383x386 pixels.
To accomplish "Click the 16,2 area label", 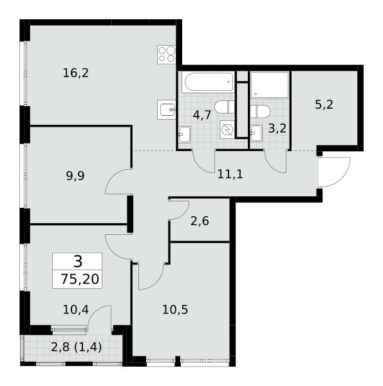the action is tap(75, 73).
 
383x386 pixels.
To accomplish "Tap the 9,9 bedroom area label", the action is tap(75, 176).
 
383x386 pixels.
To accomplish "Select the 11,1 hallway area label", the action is tap(230, 174).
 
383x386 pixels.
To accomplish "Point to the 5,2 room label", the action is tap(324, 105).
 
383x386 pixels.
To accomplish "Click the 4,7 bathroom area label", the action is tap(202, 115).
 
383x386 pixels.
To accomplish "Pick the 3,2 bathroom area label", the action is tap(277, 129).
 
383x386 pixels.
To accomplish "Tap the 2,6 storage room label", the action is tap(200, 221).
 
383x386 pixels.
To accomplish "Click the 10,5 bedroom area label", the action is tap(175, 309).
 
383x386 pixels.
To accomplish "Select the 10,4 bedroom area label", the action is tap(76, 309).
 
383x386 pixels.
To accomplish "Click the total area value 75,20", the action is tap(80, 279).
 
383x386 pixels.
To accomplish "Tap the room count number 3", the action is tap(78, 261).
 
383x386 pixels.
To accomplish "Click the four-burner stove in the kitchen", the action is tap(167, 55).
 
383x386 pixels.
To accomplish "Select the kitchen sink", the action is tap(167, 110).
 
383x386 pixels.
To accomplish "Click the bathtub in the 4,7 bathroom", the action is tap(208, 82).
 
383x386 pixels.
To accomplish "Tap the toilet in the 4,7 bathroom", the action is tap(225, 107).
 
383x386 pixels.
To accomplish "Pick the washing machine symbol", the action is tap(227, 129).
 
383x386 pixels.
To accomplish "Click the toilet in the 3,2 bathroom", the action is tap(260, 111).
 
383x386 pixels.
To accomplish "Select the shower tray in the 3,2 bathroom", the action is tap(270, 85).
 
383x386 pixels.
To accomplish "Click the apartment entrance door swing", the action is tap(335, 172).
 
